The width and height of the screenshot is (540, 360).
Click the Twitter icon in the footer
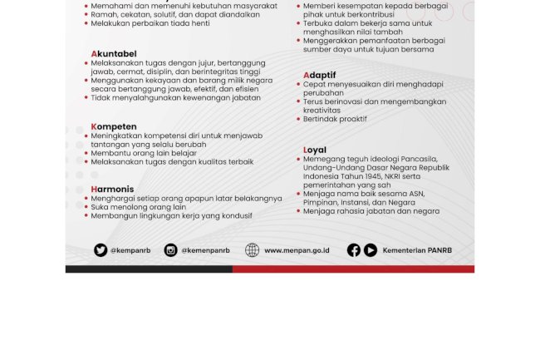tap(101, 250)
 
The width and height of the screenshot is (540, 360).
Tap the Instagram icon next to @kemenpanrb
tap(171, 250)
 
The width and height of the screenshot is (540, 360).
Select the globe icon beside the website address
tap(253, 250)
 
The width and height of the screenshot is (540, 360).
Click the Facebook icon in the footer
tap(354, 250)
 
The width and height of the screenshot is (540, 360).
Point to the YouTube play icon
tap(371, 250)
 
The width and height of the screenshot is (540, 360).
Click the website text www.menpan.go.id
tap(297, 250)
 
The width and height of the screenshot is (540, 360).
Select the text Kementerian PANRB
tap(417, 250)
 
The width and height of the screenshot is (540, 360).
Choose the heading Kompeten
tap(114, 126)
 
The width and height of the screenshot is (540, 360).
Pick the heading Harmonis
tap(112, 190)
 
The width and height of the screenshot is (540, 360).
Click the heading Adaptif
tap(320, 75)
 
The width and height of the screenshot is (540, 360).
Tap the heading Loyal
tap(315, 150)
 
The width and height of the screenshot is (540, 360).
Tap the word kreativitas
tap(322, 110)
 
